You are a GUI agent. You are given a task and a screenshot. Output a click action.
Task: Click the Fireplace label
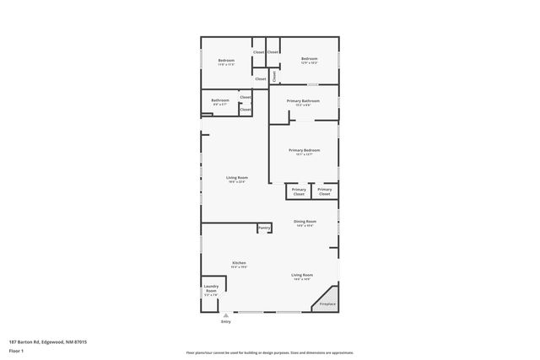327,304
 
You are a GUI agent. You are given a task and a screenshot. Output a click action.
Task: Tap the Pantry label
264,228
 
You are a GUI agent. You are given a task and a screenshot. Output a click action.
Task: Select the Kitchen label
239,263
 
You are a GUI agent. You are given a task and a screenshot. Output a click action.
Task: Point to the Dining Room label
305,222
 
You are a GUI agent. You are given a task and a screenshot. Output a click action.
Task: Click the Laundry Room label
211,290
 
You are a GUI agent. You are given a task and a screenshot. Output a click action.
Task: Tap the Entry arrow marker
225,315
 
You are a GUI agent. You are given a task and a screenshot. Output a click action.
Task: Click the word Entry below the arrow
225,322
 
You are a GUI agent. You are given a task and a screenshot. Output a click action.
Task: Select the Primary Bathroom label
304,101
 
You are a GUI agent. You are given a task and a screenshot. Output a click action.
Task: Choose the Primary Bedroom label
304,150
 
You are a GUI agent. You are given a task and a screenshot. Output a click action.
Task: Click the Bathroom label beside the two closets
220,100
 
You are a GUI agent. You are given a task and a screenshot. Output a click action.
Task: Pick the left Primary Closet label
299,191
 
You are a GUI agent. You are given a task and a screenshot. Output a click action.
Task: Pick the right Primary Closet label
325,191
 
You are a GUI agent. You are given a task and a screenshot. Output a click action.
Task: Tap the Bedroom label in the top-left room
226,60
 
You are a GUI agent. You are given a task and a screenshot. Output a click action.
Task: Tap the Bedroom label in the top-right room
309,58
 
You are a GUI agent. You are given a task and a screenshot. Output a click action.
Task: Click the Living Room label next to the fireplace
302,275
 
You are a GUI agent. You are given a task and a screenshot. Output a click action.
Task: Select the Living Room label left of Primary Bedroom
236,178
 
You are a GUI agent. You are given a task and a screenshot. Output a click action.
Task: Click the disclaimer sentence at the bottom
269,352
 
